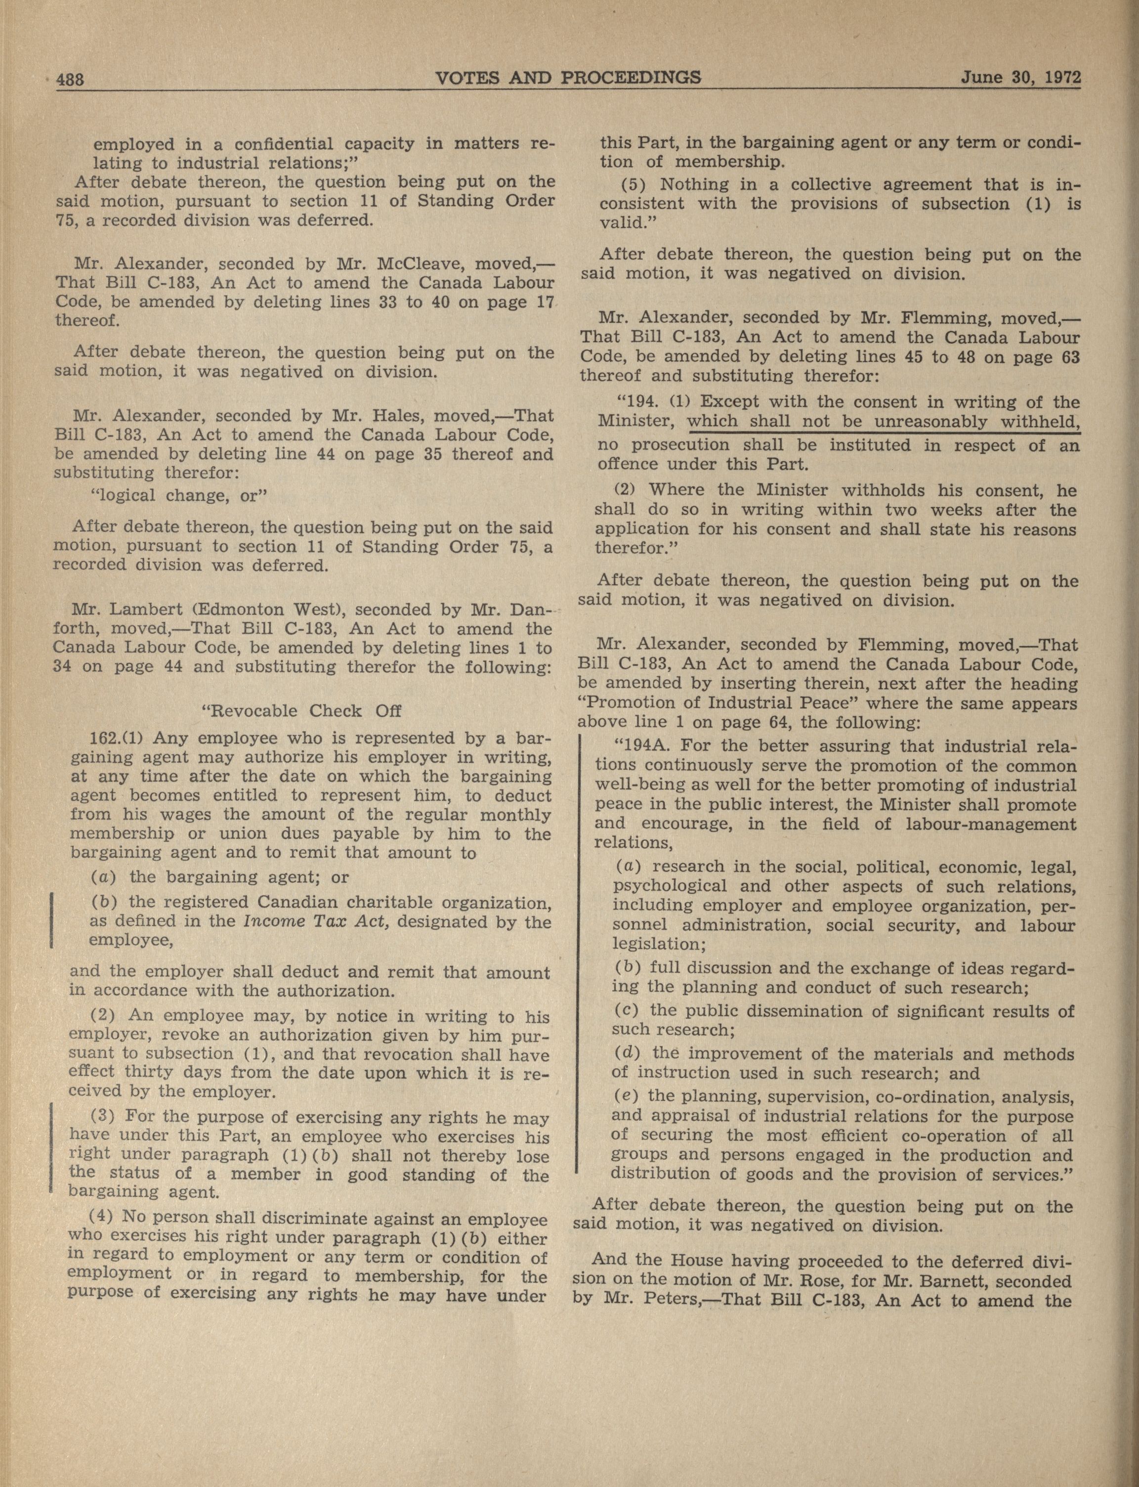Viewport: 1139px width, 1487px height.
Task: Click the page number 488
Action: pos(69,79)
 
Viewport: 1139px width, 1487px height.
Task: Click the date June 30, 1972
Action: pos(1020,77)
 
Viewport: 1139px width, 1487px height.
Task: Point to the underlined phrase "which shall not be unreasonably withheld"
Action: pos(882,421)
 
